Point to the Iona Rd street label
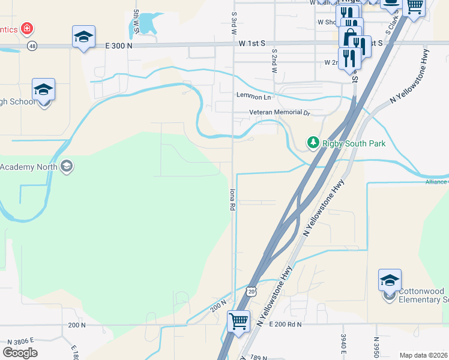pyautogui.click(x=231, y=199)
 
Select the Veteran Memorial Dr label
pyautogui.click(x=280, y=113)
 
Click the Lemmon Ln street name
pyautogui.click(x=254, y=97)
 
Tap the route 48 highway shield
pyautogui.click(x=32, y=46)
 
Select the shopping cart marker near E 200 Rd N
pyautogui.click(x=238, y=321)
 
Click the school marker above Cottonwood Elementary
pyautogui.click(x=390, y=280)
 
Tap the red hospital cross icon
pyautogui.click(x=26, y=28)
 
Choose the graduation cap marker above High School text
pyautogui.click(x=44, y=90)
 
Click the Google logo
pyautogui.click(x=20, y=353)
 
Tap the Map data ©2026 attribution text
pyautogui.click(x=424, y=355)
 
